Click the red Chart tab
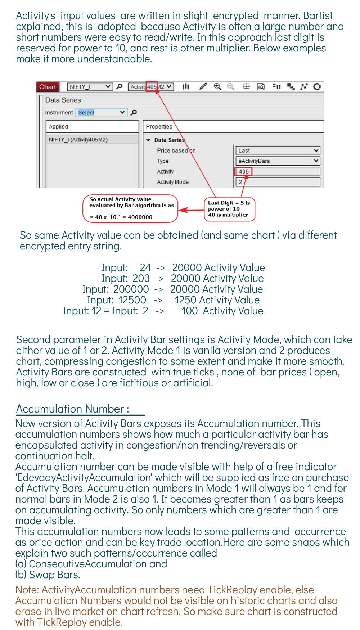coord(48,87)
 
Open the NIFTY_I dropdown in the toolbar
coord(90,87)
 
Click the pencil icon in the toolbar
coord(203,86)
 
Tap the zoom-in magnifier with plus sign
coord(217,86)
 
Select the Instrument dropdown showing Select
coord(101,113)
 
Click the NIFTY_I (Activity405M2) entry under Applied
coord(78,140)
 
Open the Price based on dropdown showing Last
coord(277,150)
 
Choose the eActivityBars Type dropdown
coord(277,161)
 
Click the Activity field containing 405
coord(277,171)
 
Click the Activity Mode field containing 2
coord(277,182)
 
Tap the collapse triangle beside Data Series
coord(148,140)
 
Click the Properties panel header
coord(159,127)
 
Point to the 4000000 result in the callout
coord(140,217)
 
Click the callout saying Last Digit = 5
coord(229,209)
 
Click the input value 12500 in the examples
coord(132,300)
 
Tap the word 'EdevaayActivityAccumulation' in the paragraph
coord(84,478)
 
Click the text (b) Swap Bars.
coord(48,575)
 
